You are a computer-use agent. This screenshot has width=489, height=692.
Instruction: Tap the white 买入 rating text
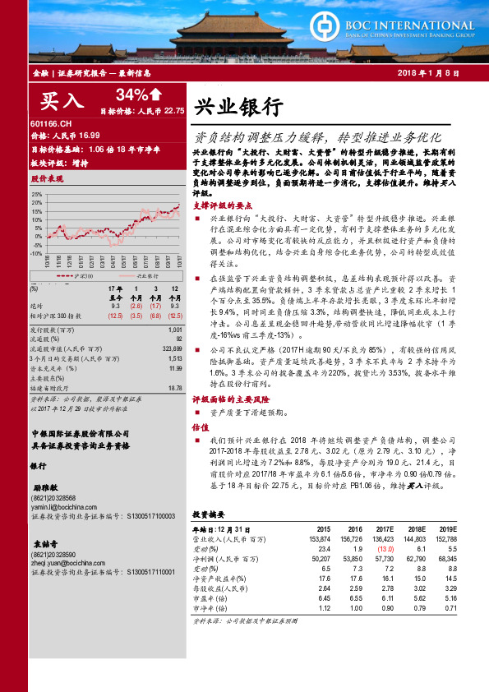pyautogui.click(x=62, y=101)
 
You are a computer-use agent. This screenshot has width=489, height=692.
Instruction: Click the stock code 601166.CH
pyautogui.click(x=50, y=122)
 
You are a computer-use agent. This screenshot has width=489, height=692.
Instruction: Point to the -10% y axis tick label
pyautogui.click(x=35, y=255)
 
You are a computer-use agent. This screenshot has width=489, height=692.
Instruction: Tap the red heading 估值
pyautogui.click(x=200, y=427)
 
